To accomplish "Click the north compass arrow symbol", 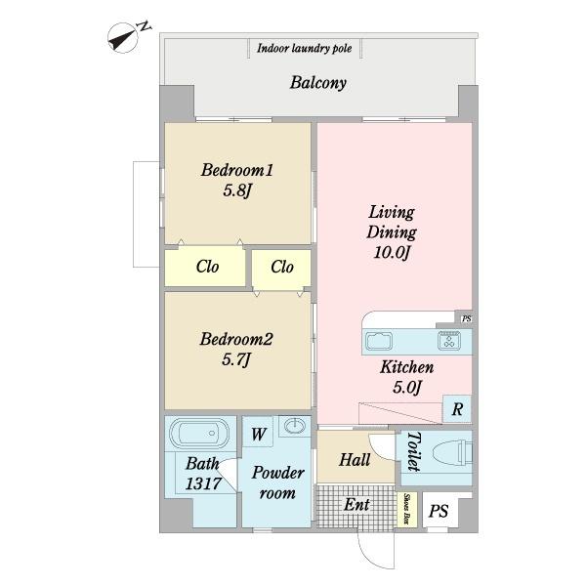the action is [x=123, y=38].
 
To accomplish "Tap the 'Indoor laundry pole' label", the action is [x=304, y=49].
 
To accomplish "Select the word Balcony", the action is [x=318, y=83].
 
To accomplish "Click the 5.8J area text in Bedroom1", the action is [x=236, y=191].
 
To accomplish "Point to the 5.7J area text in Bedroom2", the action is [x=235, y=359].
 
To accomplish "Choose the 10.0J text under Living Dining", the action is [x=392, y=253].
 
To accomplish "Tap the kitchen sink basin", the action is [x=379, y=341].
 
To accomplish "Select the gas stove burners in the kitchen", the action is [x=449, y=340].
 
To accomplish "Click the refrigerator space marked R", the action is [x=457, y=409].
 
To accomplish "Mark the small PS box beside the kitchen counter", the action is [x=466, y=318].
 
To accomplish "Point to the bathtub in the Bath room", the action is [x=199, y=434].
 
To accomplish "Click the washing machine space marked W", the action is [x=258, y=434].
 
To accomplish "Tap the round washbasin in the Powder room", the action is [x=295, y=425].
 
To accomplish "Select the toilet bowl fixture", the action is [x=452, y=453].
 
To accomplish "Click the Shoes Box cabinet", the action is [x=406, y=509].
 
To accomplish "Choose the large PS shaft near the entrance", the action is [x=439, y=511].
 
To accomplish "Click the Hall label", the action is [x=355, y=460].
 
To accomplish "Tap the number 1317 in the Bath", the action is [x=203, y=484].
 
